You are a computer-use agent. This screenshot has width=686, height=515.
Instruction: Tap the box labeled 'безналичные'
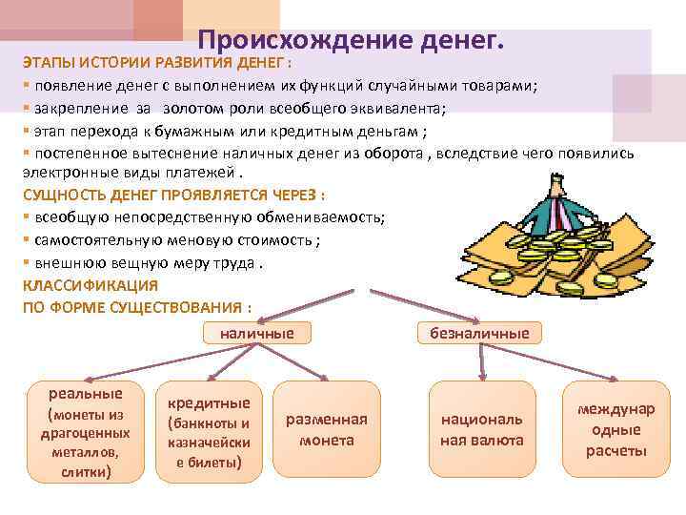(x=480, y=332)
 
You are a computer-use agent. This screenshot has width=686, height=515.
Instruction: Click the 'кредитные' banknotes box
(x=209, y=431)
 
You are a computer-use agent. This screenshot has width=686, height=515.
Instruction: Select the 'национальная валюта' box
(x=482, y=430)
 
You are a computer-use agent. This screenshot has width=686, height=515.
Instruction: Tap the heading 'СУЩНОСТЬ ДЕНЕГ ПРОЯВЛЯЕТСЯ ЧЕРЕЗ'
(x=173, y=195)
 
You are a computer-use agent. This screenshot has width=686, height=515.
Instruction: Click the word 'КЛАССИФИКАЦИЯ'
(x=91, y=284)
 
